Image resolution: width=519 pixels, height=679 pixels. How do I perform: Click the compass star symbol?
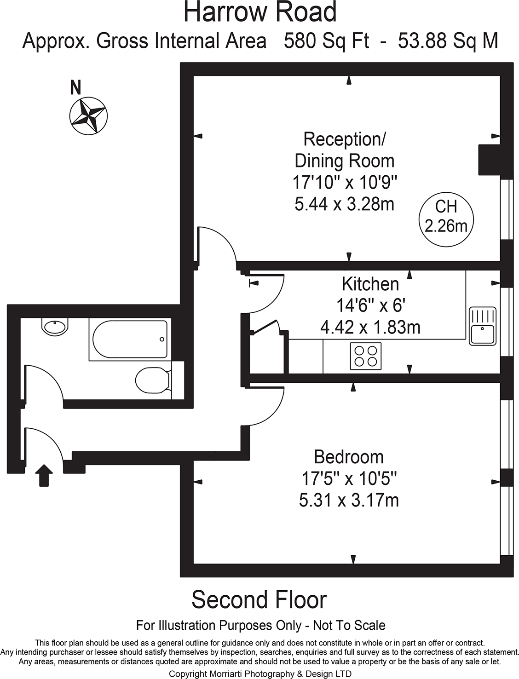pos(88,116)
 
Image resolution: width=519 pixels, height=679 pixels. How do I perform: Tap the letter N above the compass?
pos(76,87)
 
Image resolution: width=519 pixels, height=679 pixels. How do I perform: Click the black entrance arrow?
pos(44,475)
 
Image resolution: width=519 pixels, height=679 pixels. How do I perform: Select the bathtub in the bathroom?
pos(129,339)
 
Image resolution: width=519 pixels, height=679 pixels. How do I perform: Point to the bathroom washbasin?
pos(55,327)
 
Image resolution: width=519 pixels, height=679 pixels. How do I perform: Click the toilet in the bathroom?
pos(153,380)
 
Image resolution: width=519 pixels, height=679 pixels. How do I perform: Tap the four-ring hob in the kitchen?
pos(366,356)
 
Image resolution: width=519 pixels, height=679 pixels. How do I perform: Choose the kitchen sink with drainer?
pos(482,326)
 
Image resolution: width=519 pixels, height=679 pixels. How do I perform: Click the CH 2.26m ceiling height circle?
pos(446,219)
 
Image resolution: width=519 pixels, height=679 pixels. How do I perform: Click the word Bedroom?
pos(348,457)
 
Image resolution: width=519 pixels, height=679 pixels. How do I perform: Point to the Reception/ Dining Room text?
pos(345,150)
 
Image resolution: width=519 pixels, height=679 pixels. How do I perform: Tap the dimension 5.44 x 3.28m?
pos(345,204)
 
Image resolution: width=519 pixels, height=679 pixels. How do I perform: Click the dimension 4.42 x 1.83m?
pos(370,327)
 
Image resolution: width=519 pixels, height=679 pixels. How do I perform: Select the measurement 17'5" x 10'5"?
pos(349,478)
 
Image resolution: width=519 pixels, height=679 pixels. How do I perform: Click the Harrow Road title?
pos(260,12)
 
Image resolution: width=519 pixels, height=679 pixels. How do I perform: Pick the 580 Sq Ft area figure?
pos(326,41)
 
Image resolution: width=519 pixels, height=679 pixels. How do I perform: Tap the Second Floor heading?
pos(259,599)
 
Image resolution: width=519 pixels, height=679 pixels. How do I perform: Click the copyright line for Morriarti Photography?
pos(260,674)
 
